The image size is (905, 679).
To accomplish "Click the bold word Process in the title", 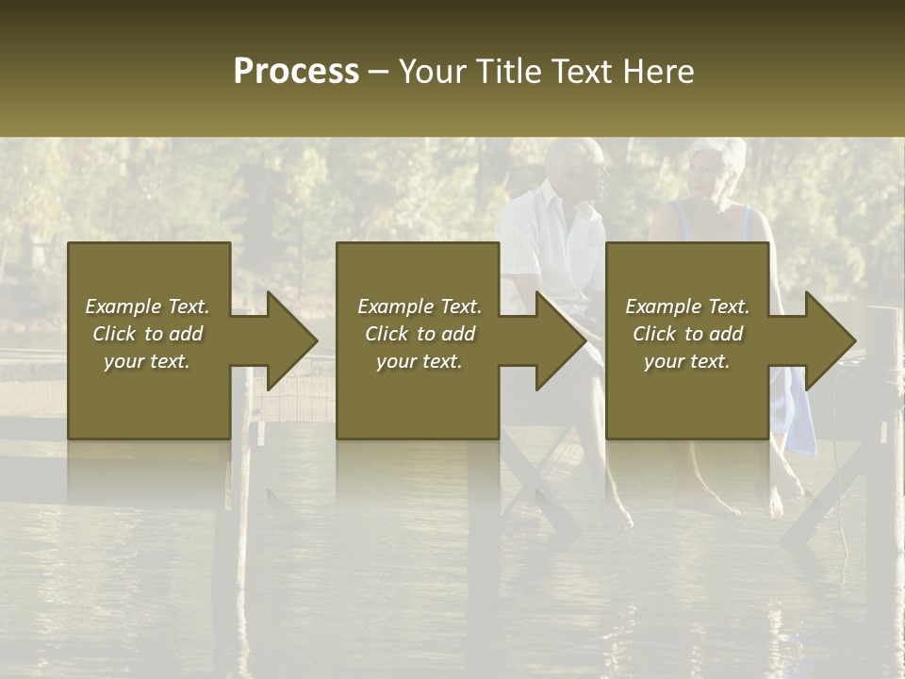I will click(x=296, y=72).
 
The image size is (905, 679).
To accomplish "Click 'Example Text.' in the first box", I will click(x=147, y=306).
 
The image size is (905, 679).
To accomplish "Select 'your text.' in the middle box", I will click(x=419, y=361).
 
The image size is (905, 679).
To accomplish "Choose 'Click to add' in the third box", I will click(x=687, y=334).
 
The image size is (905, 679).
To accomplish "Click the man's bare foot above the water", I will click(x=617, y=514).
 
